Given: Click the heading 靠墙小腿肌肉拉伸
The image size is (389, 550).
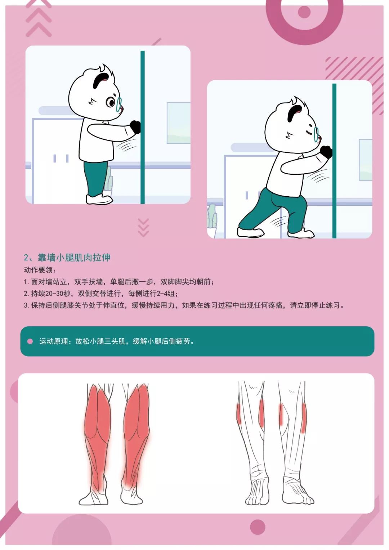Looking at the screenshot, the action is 74,257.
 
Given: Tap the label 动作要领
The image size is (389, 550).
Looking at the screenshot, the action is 38,270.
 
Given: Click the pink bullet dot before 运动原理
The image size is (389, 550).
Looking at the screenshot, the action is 30,341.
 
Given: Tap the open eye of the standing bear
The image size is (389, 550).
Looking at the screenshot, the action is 111,102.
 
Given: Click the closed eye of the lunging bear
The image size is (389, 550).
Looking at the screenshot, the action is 309,133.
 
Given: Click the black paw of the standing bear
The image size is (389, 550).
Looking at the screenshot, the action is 135,127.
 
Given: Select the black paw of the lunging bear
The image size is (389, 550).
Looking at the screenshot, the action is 326,151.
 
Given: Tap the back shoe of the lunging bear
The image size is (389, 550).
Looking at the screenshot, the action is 250,232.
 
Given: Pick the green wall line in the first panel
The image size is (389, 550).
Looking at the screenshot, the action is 142,127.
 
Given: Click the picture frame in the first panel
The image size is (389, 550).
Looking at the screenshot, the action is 179,123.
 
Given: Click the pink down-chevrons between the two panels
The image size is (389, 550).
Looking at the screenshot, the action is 143,227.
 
